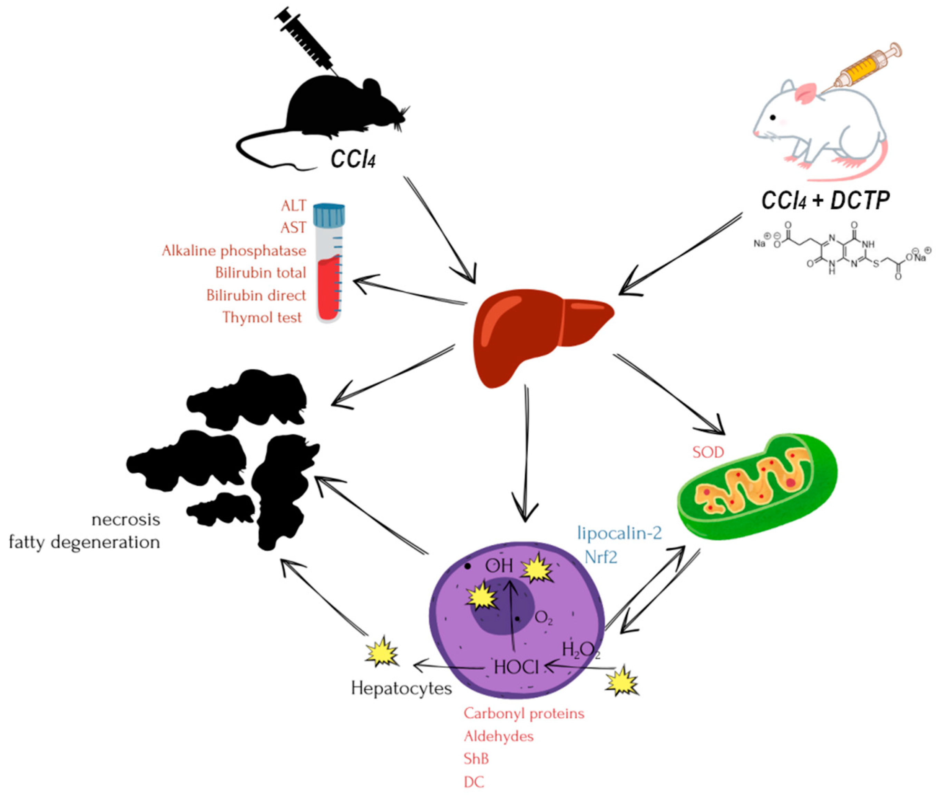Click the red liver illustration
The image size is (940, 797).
[533, 334]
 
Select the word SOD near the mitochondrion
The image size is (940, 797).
[708, 452]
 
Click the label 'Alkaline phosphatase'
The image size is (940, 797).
[234, 251]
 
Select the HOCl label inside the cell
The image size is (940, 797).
[516, 667]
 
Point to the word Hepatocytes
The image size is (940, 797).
[401, 688]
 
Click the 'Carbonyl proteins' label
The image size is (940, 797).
[524, 714]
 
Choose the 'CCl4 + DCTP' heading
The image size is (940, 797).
[825, 200]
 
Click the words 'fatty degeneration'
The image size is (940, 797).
[85, 542]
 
